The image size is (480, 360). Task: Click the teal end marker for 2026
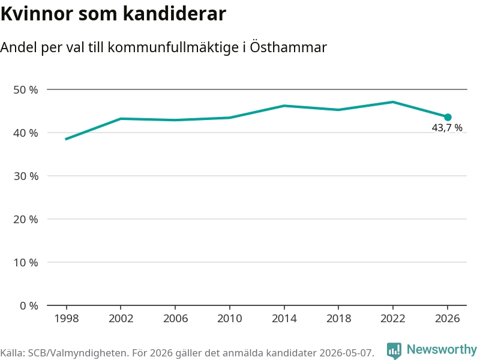(x=448, y=117)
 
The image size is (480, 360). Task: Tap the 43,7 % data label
(x=447, y=128)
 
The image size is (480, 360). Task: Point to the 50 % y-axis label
(x=26, y=89)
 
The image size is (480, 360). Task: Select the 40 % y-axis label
(x=26, y=133)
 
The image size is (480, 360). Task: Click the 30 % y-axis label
(x=26, y=176)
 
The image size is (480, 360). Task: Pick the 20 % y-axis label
(x=26, y=219)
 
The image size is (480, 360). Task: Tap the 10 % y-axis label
(x=26, y=262)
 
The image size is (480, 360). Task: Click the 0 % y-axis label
(x=29, y=305)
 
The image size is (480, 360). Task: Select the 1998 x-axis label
(x=67, y=319)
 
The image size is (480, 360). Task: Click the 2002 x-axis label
(x=121, y=319)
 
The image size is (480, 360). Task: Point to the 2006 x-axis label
(x=175, y=319)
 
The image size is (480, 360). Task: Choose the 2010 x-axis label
(x=230, y=319)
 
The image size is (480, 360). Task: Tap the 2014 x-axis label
(x=284, y=319)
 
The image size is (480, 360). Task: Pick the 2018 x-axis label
(x=338, y=319)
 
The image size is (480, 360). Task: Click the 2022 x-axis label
(x=393, y=319)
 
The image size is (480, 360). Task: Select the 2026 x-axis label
(x=447, y=319)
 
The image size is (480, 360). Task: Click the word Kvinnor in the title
(x=37, y=14)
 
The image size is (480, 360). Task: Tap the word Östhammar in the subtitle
(x=289, y=47)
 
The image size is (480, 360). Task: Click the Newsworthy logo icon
(x=394, y=350)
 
